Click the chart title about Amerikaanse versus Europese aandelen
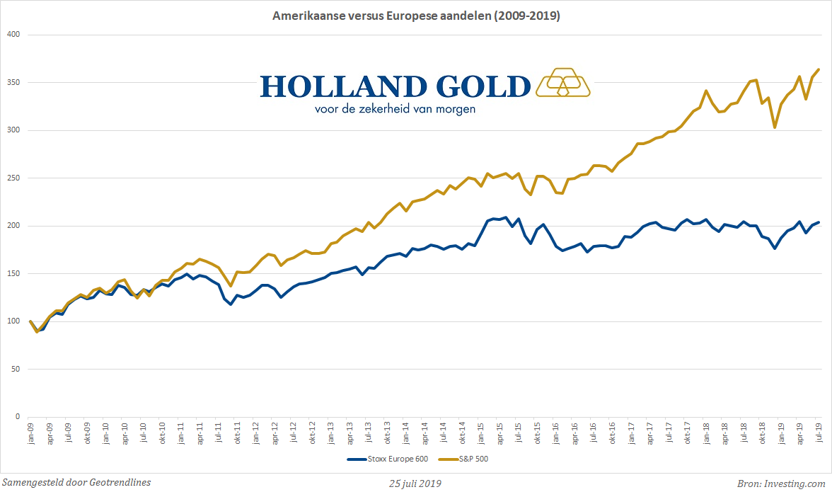(416, 16)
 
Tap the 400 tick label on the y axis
(13, 35)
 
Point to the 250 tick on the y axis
(13, 178)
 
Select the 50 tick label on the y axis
(16, 370)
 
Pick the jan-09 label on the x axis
(30, 433)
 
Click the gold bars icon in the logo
(563, 82)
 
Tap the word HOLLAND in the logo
(344, 86)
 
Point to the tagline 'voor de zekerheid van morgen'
(395, 109)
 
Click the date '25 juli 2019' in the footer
(416, 484)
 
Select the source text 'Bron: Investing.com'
(781, 484)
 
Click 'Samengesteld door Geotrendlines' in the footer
(76, 483)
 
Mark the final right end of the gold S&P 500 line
(819, 69)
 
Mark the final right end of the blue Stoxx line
(819, 222)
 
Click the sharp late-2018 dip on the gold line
(775, 127)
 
